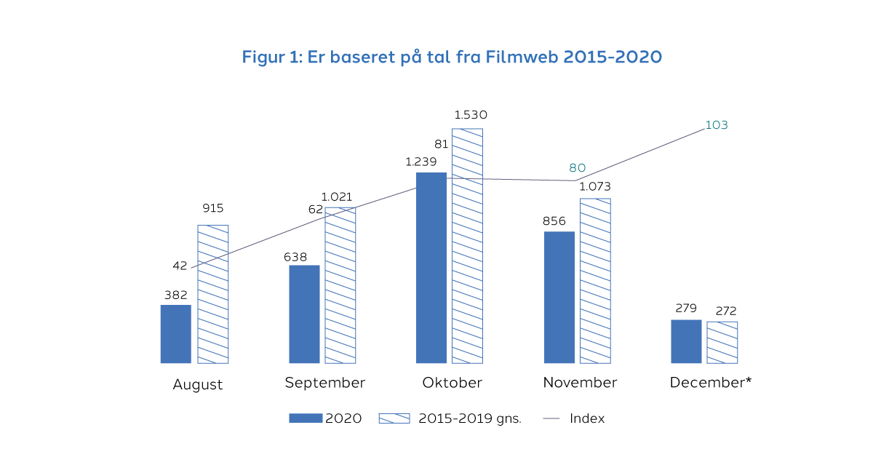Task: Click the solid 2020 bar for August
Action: tap(176, 334)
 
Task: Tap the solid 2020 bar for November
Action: tap(559, 297)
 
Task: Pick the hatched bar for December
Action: tap(722, 342)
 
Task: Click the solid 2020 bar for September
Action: tap(304, 314)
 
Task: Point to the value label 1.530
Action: tap(471, 115)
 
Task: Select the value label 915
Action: tap(213, 209)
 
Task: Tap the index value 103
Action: tap(717, 125)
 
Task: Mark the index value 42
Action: tap(180, 266)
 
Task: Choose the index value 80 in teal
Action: tap(578, 167)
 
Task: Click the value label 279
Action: tap(686, 308)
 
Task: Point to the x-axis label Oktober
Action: tap(453, 383)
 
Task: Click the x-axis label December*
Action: tap(711, 383)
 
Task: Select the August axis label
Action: tap(198, 385)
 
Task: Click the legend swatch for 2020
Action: tap(305, 418)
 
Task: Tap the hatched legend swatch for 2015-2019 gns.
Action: tap(395, 418)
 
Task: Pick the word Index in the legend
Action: tap(587, 418)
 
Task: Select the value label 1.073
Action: tap(595, 186)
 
